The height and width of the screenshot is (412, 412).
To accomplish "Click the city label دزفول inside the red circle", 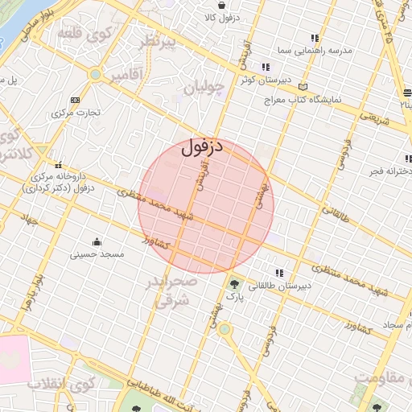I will click(x=201, y=148).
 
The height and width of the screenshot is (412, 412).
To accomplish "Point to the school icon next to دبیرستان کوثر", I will click(x=266, y=68).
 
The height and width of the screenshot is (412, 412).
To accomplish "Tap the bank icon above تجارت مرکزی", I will click(x=75, y=100).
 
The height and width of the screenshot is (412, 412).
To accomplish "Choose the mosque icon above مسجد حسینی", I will click(x=97, y=241).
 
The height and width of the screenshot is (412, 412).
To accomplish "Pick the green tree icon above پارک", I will click(x=234, y=283).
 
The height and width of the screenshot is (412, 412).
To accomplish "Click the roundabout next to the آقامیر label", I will click(x=95, y=75).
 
